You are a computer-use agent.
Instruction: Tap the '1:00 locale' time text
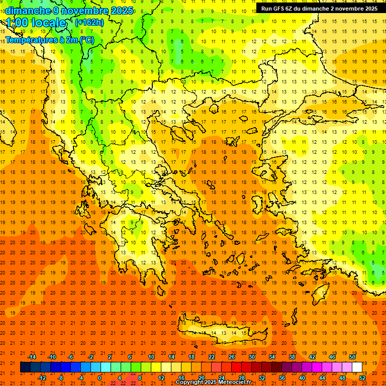tap(36, 23)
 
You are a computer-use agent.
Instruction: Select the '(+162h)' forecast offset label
tap(89, 23)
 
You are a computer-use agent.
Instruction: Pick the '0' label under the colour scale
tap(100, 378)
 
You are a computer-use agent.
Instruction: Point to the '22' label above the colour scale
tap(212, 357)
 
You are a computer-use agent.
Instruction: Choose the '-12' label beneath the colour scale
tap(42, 378)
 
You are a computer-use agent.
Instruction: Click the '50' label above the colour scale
tap(352, 357)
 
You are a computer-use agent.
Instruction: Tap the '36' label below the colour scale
tap(281, 378)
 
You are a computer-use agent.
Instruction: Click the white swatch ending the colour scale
tap(357, 367)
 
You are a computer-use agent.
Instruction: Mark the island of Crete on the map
tap(216, 334)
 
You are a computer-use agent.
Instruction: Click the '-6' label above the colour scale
tap(70, 357)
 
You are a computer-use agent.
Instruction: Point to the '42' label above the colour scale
tap(312, 357)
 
